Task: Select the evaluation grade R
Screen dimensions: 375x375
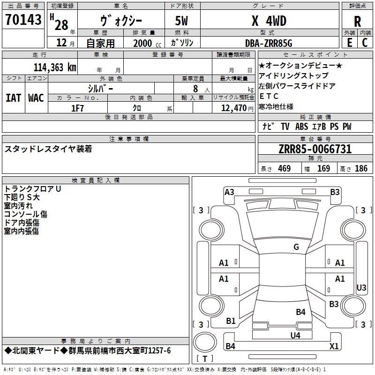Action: click(357, 21)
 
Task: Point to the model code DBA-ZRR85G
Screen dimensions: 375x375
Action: click(269, 43)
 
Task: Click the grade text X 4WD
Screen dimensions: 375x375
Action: click(269, 21)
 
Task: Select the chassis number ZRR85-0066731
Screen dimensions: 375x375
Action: click(315, 150)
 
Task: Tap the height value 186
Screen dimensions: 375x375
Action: click(361, 169)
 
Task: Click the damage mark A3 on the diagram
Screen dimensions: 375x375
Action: click(229, 192)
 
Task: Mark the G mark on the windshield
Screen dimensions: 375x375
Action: click(296, 247)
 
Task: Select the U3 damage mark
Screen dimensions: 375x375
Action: click(361, 287)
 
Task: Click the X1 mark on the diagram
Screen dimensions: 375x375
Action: click(334, 346)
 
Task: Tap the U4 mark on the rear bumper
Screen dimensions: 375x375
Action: click(295, 335)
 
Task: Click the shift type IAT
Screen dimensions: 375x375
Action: click(13, 97)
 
